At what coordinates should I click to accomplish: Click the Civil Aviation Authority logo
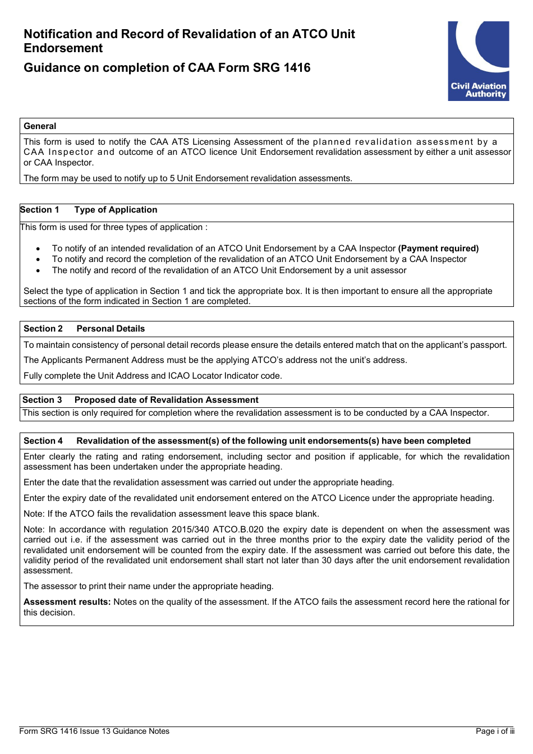click(x=478, y=61)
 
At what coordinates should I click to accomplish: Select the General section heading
click(x=40, y=126)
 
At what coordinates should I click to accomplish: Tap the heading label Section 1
click(x=39, y=210)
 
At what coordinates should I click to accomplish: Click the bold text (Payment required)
click(x=438, y=249)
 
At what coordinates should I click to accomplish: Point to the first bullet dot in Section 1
click(x=38, y=249)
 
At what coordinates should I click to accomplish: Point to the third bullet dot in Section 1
click(x=38, y=271)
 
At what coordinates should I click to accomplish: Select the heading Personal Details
click(x=111, y=329)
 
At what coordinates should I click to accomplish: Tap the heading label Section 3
click(x=42, y=400)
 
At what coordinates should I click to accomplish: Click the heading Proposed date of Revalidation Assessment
click(x=166, y=400)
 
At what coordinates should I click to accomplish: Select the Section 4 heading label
click(x=43, y=441)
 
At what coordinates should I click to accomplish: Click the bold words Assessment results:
click(x=67, y=602)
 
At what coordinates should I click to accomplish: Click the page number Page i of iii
click(x=494, y=731)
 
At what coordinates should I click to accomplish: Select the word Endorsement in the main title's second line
click(x=63, y=48)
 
